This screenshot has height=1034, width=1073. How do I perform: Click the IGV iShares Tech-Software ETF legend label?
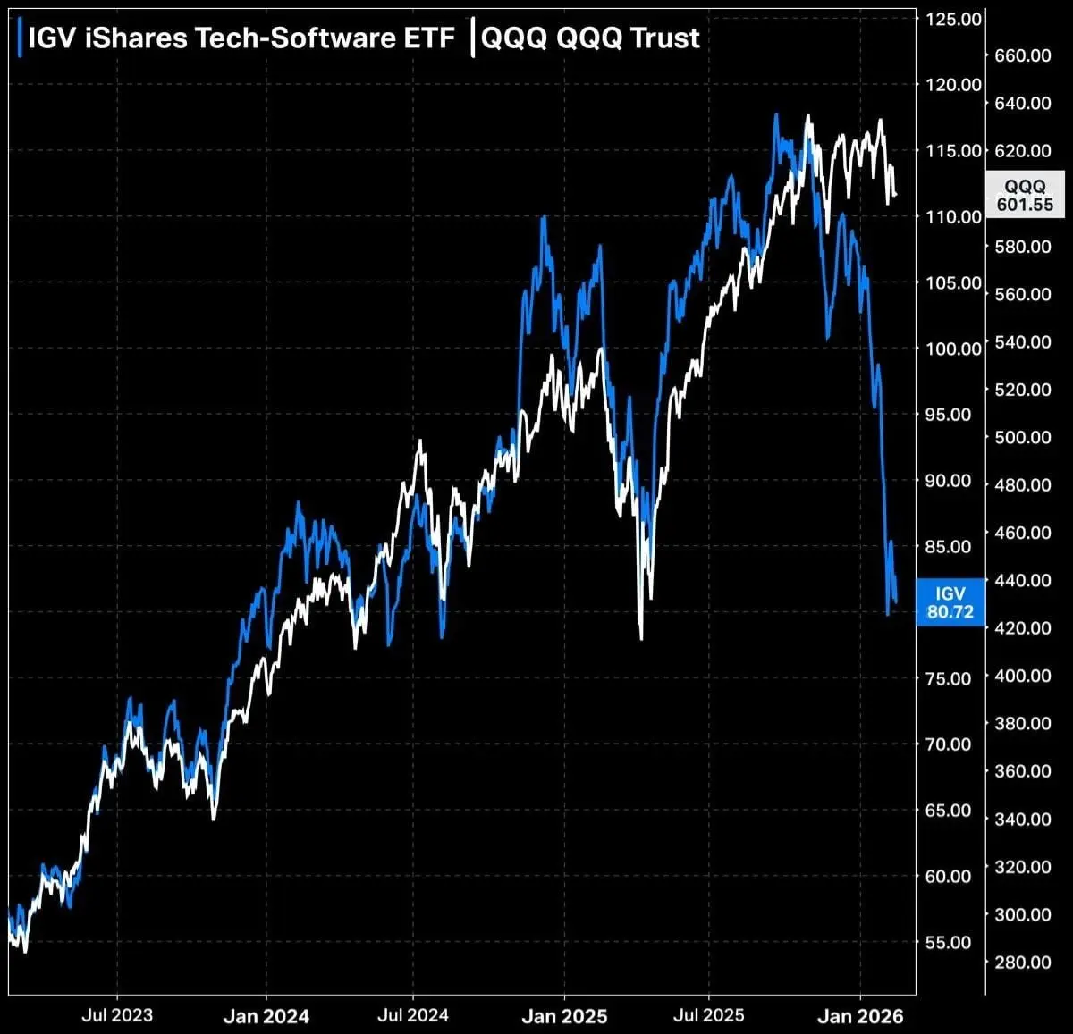(241, 38)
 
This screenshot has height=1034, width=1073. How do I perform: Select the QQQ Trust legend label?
(590, 38)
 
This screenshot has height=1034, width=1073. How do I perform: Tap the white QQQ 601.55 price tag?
(1025, 195)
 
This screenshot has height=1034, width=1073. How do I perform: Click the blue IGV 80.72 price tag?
(950, 603)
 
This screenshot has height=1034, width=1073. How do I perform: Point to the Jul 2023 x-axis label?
(117, 1015)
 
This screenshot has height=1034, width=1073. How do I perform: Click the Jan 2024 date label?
(266, 1016)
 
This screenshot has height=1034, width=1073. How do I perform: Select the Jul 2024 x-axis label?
(413, 1015)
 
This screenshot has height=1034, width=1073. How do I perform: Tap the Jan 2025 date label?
(564, 1016)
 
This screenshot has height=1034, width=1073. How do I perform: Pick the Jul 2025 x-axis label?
(709, 1015)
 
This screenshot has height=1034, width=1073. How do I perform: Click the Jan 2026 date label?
(860, 1016)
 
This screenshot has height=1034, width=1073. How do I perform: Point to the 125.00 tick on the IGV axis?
(952, 19)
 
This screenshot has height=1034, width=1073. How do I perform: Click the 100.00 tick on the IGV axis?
(952, 349)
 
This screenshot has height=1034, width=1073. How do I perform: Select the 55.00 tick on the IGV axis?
(948, 942)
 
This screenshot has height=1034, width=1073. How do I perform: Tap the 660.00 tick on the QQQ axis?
(1023, 55)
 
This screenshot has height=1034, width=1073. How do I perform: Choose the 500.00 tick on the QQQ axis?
(1023, 437)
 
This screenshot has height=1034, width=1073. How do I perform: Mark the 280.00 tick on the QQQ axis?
(1023, 963)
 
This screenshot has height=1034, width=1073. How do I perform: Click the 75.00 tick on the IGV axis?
(948, 678)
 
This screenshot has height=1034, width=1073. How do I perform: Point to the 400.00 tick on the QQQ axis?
(1023, 676)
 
